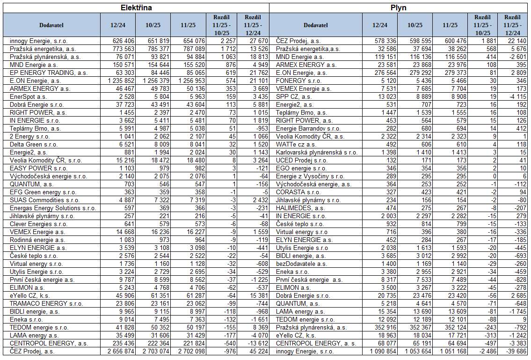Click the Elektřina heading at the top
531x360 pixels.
[136, 8]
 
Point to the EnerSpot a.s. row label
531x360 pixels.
[28, 96]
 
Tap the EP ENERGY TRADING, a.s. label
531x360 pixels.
[42, 73]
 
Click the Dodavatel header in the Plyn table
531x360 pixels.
[315, 25]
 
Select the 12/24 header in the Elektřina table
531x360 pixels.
[118, 25]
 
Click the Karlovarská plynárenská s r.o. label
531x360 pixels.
[317, 152]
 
